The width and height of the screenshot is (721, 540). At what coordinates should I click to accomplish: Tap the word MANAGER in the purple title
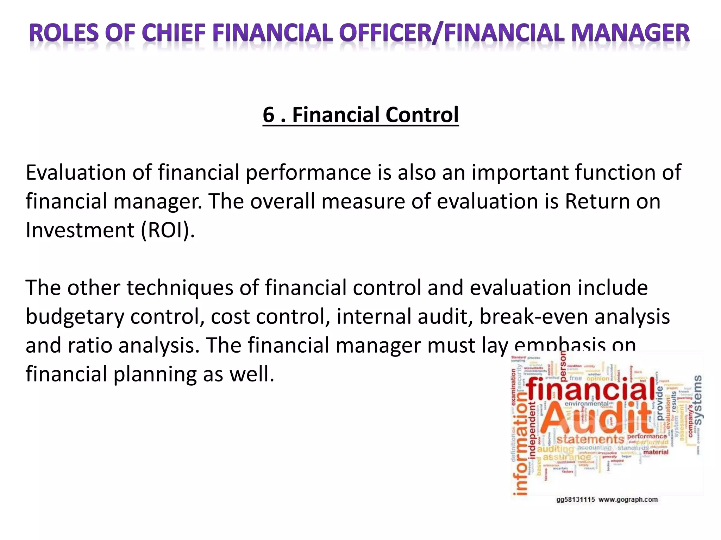tap(630, 33)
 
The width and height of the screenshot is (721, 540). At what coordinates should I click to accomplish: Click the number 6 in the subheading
tap(268, 115)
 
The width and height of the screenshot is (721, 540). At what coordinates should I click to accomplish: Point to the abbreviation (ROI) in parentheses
tap(168, 230)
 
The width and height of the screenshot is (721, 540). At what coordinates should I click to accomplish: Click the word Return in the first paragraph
tap(595, 201)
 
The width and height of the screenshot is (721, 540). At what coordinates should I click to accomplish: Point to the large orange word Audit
tap(595, 418)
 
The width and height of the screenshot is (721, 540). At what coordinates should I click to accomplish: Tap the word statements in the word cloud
tap(590, 439)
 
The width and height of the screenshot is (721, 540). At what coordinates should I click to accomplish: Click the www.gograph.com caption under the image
tap(628, 500)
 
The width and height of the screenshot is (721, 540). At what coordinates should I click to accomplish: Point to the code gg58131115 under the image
tap(576, 500)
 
